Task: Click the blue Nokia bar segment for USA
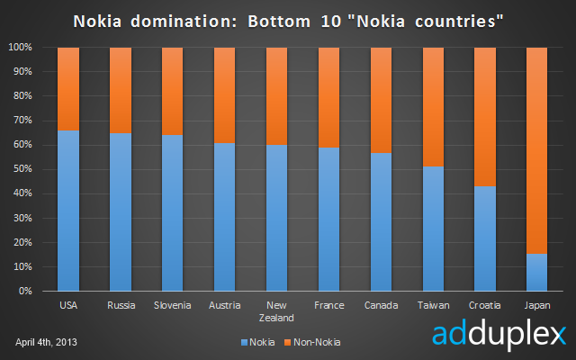pos(68,211)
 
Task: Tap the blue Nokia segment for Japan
pos(536,273)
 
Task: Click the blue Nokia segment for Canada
pos(381,221)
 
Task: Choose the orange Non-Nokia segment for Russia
pos(121,90)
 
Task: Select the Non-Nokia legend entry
pos(311,342)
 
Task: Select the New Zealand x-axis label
pos(276,310)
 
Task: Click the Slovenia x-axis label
pos(172,305)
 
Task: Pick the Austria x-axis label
pos(224,305)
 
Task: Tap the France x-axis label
pos(328,305)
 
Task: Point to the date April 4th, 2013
pos(50,342)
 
